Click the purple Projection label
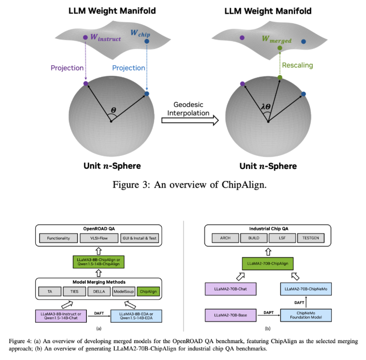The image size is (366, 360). click(x=67, y=68)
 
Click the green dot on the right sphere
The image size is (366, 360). click(x=280, y=78)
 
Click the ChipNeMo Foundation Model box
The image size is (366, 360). click(x=305, y=316)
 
